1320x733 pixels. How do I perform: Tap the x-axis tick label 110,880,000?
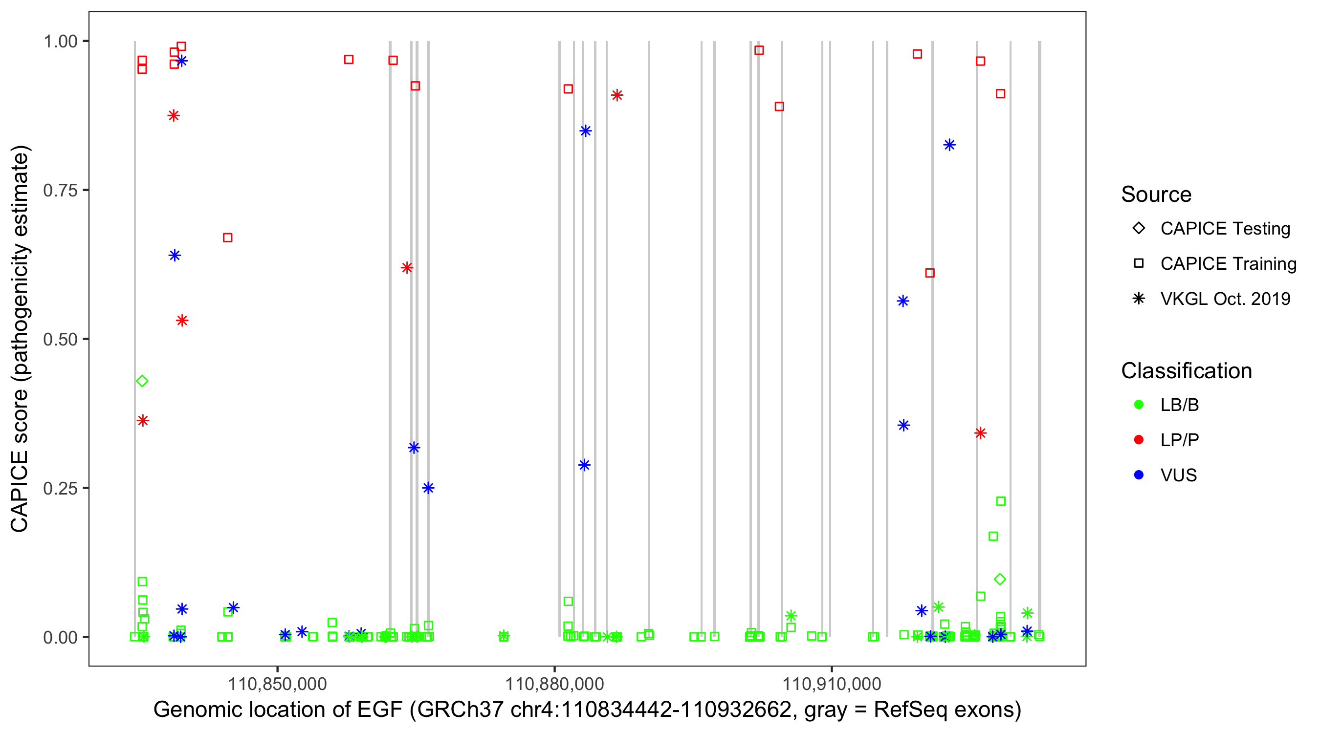[554, 684]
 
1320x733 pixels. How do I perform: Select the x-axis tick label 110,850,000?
[277, 684]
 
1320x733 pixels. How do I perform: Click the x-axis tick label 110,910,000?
[832, 684]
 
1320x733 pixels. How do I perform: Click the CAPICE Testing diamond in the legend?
[1139, 229]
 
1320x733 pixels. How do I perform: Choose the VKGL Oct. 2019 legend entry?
[1225, 299]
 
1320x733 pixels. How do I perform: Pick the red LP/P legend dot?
[1139, 440]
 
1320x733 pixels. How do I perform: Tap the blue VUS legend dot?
[1139, 475]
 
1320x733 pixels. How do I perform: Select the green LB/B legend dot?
[1139, 405]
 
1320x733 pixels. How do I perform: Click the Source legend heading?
[1156, 194]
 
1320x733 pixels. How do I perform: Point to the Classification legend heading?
[1186, 371]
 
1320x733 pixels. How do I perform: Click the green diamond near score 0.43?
[142, 381]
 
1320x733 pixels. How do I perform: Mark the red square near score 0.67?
[227, 237]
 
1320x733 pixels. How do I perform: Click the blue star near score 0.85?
[585, 131]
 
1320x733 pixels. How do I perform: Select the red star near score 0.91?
[617, 95]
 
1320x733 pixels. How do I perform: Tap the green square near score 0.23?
[1001, 501]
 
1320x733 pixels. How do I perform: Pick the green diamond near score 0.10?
[1000, 580]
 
